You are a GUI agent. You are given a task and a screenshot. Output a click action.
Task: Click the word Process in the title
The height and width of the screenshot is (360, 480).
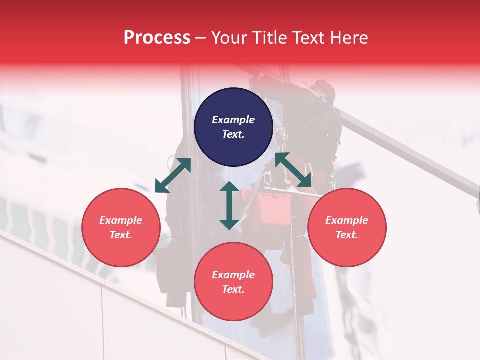tap(157, 38)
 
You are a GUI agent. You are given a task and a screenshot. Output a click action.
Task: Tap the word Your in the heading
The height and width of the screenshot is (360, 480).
tap(229, 38)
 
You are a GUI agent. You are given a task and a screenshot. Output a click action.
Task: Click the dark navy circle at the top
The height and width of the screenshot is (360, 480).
tap(233, 127)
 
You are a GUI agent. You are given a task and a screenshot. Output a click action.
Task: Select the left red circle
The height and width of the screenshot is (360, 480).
tap(121, 228)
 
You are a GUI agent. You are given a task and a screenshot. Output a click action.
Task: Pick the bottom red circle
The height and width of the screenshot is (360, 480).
tap(233, 282)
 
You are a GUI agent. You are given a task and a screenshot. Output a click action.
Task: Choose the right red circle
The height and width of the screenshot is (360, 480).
tap(346, 228)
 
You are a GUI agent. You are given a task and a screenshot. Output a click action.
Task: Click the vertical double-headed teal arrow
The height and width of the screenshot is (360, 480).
tap(229, 205)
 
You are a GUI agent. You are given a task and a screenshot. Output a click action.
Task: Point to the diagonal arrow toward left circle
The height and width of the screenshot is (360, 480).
tap(173, 175)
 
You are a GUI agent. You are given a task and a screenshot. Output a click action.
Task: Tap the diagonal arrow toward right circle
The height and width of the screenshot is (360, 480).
tap(293, 170)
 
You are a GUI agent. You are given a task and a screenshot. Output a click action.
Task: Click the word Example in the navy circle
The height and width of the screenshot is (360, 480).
tap(233, 120)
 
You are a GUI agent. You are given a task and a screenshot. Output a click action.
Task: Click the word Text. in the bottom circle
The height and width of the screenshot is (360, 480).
tap(233, 289)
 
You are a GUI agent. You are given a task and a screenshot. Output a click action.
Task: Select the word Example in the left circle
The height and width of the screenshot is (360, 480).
tap(121, 220)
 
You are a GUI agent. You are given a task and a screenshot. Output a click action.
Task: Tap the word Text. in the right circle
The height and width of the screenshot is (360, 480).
tap(346, 235)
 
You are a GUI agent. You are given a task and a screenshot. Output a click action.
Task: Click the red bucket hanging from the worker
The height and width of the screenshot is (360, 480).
tap(274, 209)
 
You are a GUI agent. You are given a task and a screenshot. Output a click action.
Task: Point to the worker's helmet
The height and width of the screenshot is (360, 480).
tap(326, 90)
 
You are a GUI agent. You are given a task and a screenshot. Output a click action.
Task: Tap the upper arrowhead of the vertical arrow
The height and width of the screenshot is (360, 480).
tap(229, 187)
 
